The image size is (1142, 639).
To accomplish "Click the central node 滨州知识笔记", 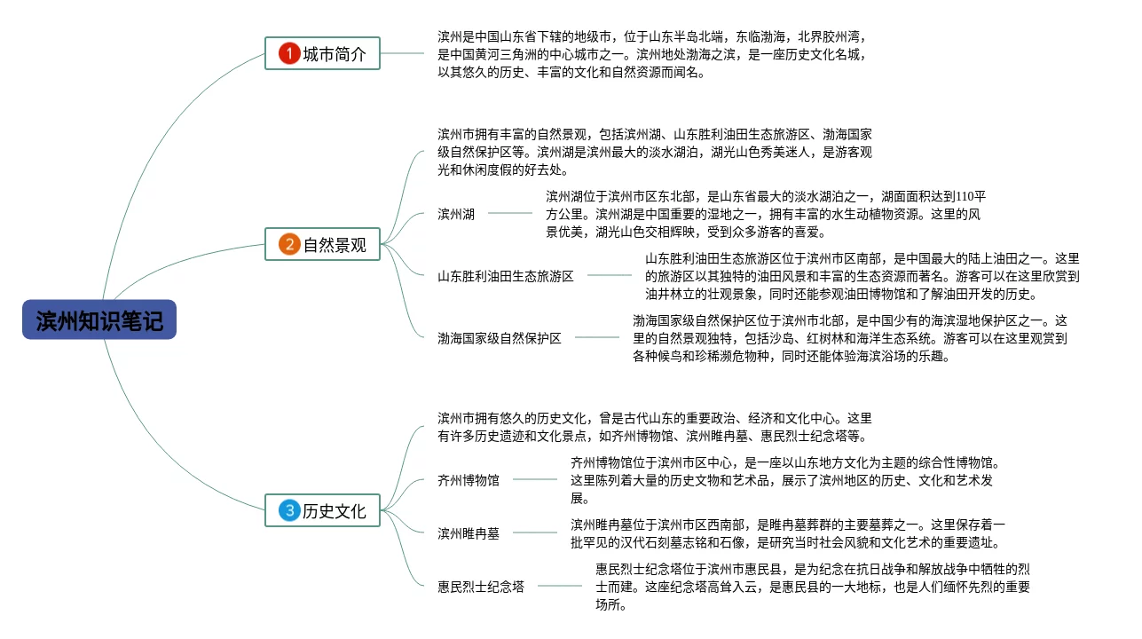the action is coord(99,320).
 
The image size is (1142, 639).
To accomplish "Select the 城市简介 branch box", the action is coord(323,54).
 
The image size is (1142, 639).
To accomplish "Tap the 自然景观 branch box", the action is coord(323,244).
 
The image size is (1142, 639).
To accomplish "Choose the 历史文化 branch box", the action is coord(323,510).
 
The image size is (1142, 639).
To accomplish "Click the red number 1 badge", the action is coord(289,54).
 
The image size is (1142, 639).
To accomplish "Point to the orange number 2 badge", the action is coord(289,244).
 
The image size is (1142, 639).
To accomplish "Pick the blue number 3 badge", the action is coord(289,510).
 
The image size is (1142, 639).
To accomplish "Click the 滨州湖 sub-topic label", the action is coord(456,214).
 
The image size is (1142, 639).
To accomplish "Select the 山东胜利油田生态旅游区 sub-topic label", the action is coord(506,276).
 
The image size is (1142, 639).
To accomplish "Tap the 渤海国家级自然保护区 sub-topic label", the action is coord(500,338).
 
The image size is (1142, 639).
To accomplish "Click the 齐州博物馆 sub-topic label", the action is coord(469,480).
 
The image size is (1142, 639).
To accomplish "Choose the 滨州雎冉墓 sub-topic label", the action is coord(469,533).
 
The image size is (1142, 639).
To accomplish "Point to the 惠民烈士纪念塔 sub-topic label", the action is coord(481,587).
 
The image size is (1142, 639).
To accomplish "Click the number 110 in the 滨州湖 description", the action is coord(966,196).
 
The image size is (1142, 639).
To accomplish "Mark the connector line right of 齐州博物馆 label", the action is coord(535,479).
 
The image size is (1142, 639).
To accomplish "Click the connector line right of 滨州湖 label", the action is coord(510,213).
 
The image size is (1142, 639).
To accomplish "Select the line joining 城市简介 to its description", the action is coord(404,53).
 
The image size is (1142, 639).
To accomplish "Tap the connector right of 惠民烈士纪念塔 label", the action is coord(560,586).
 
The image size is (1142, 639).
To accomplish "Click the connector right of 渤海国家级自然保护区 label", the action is coord(597,337).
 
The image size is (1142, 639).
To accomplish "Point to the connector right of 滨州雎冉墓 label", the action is coord(535,532).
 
